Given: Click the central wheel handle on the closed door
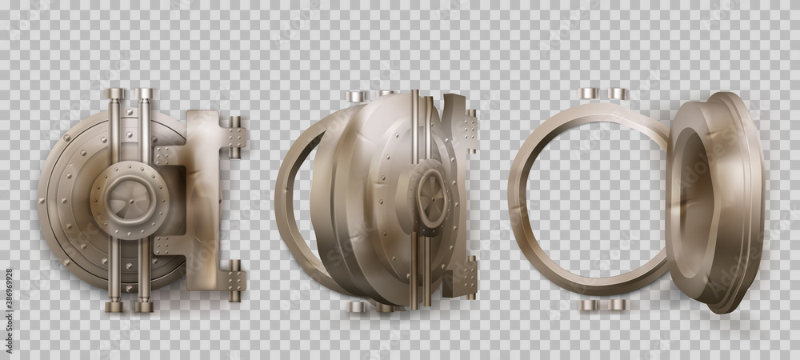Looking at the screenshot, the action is pyautogui.click(x=130, y=200).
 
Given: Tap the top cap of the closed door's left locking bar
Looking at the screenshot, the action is pyautogui.click(x=114, y=94).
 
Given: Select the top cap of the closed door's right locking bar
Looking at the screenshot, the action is pyautogui.click(x=145, y=94).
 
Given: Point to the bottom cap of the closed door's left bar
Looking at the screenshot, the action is pyautogui.click(x=114, y=306).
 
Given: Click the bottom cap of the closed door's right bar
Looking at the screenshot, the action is pyautogui.click(x=144, y=306).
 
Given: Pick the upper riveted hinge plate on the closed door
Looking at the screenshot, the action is pyautogui.click(x=237, y=137).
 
